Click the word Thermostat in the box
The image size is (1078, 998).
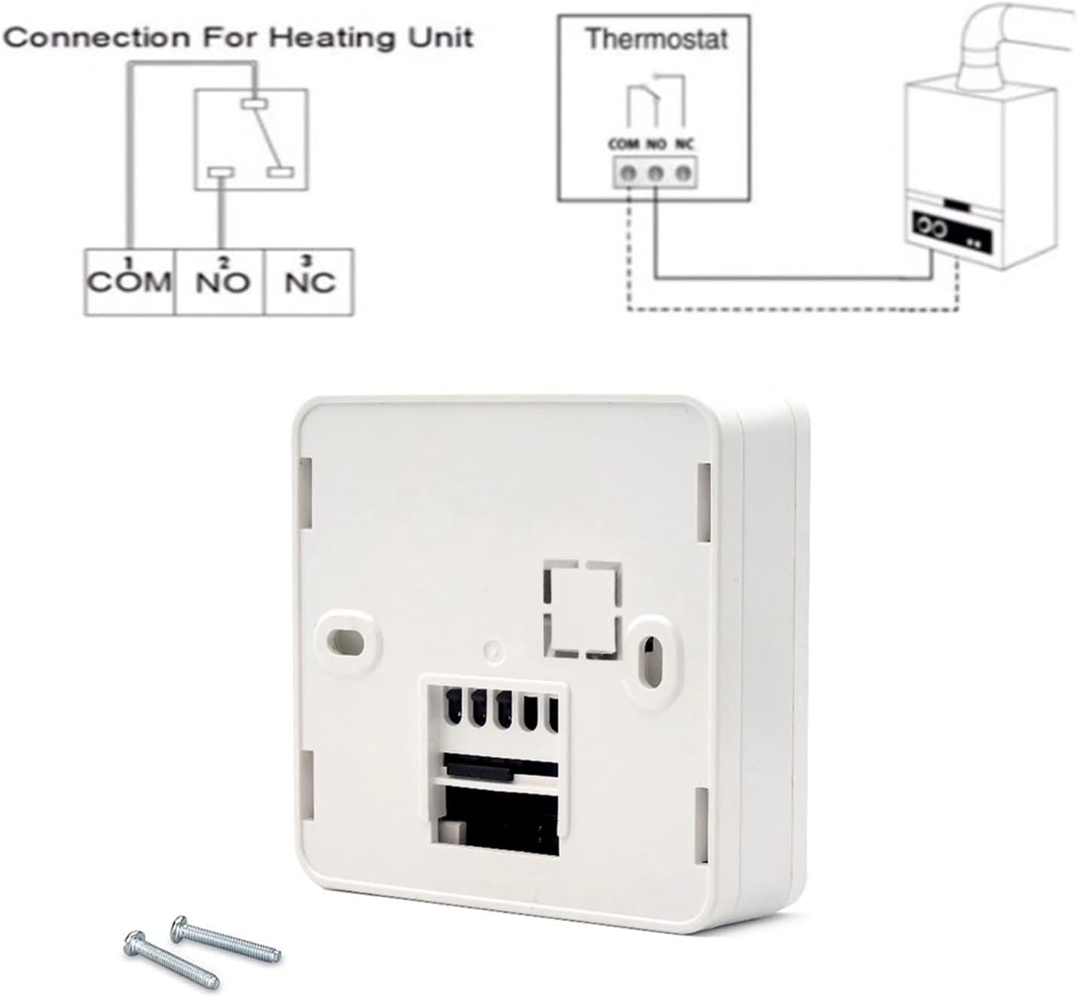pyautogui.click(x=656, y=39)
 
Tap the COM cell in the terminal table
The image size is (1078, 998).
pyautogui.click(x=129, y=282)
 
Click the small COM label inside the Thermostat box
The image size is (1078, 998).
pyautogui.click(x=624, y=144)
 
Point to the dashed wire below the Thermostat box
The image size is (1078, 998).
pyautogui.click(x=790, y=309)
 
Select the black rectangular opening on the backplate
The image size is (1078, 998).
pyautogui.click(x=497, y=820)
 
